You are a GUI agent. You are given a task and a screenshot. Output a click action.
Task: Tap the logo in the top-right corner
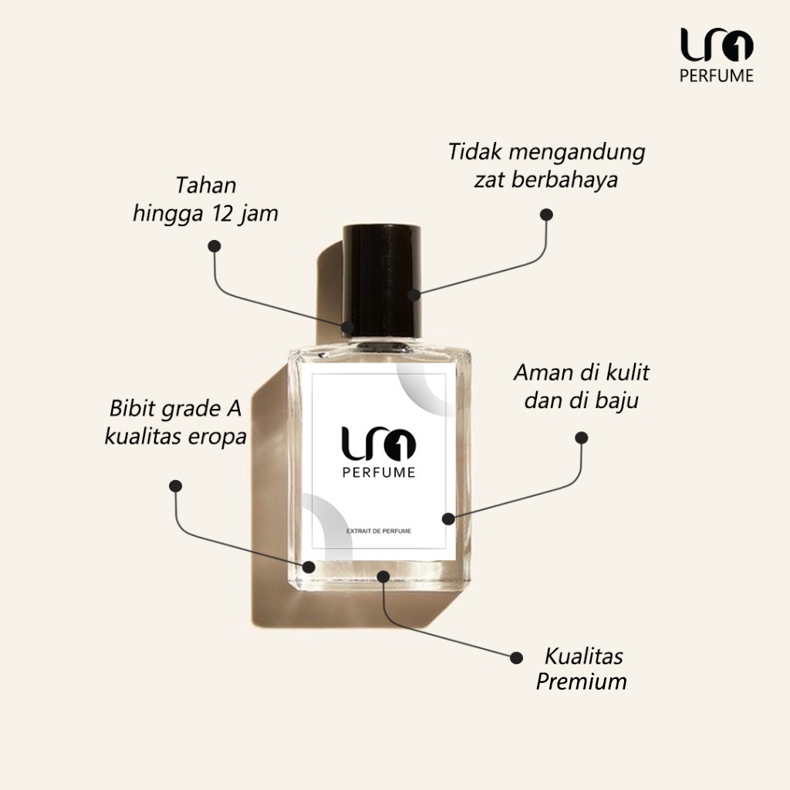point(717,46)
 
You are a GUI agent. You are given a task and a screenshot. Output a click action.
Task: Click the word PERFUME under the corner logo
point(717,76)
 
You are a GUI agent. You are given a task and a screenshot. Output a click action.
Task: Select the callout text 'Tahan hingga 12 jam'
point(205,200)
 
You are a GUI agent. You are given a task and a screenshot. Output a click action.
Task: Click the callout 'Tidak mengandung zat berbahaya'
point(546,166)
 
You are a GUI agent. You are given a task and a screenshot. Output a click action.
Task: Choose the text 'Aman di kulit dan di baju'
point(582,387)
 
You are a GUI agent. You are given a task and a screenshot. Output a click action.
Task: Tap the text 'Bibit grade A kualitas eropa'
point(176,422)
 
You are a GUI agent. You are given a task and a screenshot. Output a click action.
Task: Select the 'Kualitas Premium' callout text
point(582,669)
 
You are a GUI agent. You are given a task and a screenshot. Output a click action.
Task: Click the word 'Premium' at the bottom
point(582,682)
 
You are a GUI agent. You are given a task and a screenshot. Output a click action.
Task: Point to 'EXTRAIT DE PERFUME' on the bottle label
point(379,532)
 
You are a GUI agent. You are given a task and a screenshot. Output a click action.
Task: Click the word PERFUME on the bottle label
point(378,473)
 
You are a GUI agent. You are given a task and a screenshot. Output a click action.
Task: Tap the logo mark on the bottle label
point(378,443)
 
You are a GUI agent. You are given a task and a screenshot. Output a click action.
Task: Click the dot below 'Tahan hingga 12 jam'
point(214,246)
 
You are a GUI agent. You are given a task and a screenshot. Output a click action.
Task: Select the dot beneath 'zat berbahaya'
point(546,214)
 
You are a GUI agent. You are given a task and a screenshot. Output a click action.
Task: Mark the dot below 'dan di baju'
point(582,437)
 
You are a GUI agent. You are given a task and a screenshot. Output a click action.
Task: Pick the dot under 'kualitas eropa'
point(176,486)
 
